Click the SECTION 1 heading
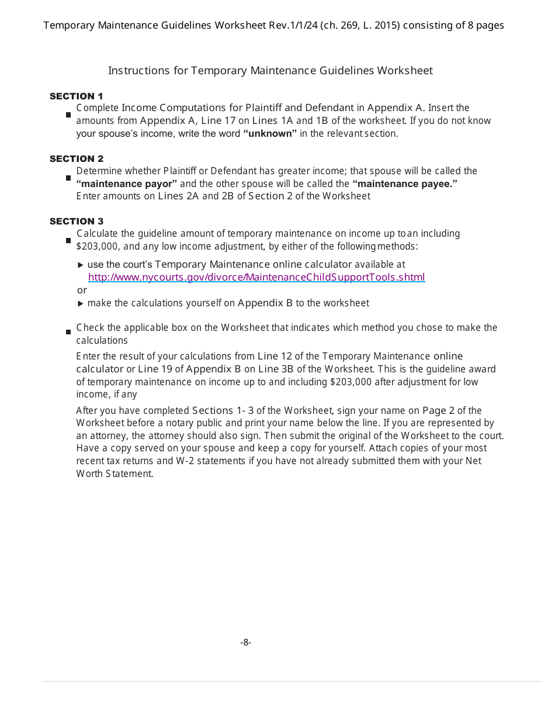coord(76,96)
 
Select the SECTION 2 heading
coord(76,158)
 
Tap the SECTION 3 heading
coord(76,221)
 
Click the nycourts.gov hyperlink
coord(256,277)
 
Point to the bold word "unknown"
coord(270,133)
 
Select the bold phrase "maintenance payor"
coord(127,184)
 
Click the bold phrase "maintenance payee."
coord(405,184)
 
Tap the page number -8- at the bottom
coord(245,642)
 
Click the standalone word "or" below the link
coord(82,290)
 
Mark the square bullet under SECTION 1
coord(68,115)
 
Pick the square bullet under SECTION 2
coord(68,178)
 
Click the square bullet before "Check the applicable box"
coord(68,332)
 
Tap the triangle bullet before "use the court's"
coord(81,265)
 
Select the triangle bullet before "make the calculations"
coord(81,303)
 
